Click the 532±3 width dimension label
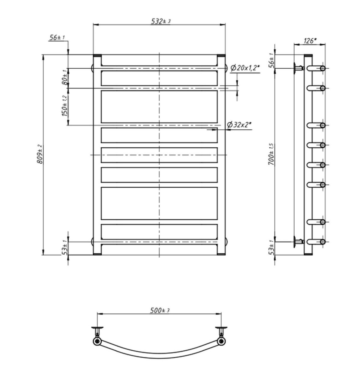point(161,21)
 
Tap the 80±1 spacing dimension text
point(65,77)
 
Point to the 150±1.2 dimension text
point(65,106)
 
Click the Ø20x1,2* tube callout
point(245,68)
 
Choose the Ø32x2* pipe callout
point(239,125)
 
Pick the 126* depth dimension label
point(310,41)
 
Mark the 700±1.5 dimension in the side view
point(271,154)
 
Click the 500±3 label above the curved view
point(160,294)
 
